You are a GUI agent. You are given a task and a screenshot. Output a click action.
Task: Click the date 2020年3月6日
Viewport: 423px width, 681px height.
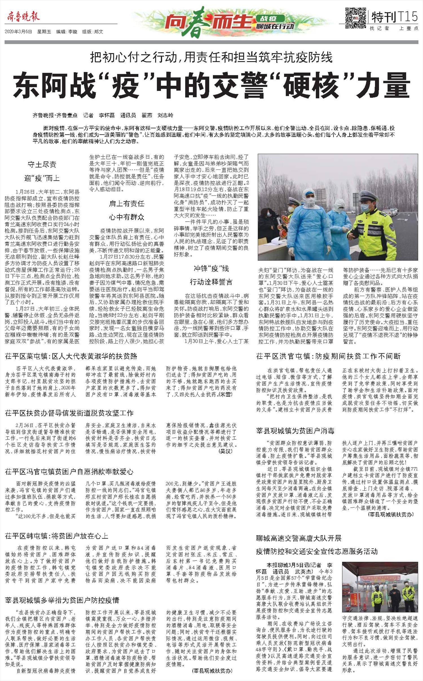pyautogui.click(x=18, y=32)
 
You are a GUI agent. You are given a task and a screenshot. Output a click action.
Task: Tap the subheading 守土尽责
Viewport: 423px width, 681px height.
pyautogui.click(x=42, y=164)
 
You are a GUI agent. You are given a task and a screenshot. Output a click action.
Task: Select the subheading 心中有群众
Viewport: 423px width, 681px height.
pyautogui.click(x=127, y=217)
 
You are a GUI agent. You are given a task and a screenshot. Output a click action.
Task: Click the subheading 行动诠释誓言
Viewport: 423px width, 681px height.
pyautogui.click(x=211, y=282)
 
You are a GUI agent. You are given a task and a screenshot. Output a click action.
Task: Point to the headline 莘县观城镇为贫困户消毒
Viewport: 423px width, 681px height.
pyautogui.click(x=295, y=431)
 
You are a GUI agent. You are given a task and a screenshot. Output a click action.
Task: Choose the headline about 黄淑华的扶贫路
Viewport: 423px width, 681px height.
pyautogui.click(x=71, y=356)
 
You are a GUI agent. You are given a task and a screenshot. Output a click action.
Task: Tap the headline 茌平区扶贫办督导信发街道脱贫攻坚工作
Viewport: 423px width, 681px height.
pyautogui.click(x=69, y=413)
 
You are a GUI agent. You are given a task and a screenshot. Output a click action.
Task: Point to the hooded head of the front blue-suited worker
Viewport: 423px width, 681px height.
pyautogui.click(x=309, y=198)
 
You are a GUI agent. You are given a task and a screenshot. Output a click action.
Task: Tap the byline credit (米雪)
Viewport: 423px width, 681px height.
pyautogui.click(x=226, y=394)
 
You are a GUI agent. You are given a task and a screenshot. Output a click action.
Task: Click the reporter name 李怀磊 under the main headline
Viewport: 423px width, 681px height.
pyautogui.click(x=106, y=115)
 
